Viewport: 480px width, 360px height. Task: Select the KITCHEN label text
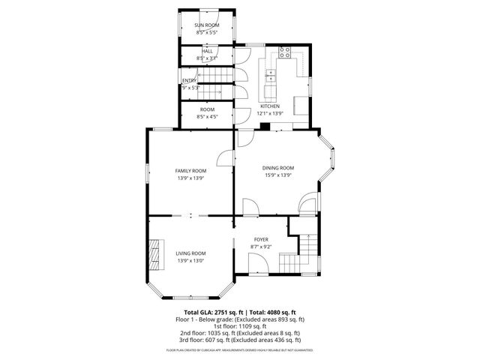click(270, 106)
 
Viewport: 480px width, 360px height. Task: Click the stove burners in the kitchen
click(285, 52)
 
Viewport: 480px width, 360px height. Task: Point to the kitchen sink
click(271, 76)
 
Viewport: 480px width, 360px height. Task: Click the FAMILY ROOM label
click(191, 171)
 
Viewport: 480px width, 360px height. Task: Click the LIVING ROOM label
click(191, 253)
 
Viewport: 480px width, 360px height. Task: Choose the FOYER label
click(261, 239)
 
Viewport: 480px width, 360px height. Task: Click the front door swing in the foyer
click(256, 264)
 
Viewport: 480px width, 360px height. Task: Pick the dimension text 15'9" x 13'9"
click(277, 175)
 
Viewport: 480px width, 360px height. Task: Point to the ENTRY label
click(188, 80)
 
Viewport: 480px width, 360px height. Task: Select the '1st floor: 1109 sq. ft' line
click(240, 325)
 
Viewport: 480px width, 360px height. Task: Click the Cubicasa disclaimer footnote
click(240, 349)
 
